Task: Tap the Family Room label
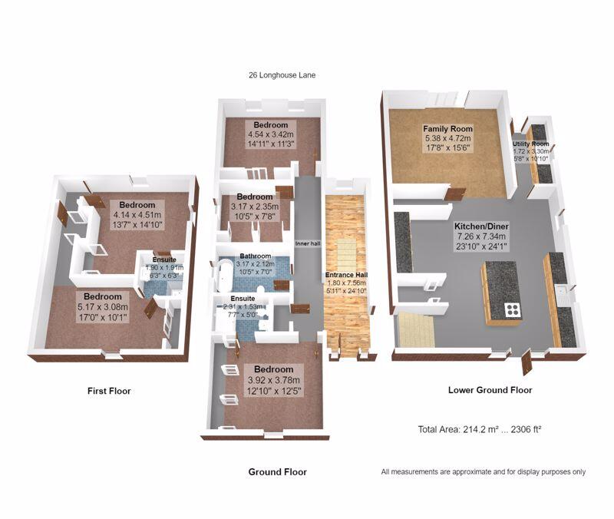[x=449, y=128]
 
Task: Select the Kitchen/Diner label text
[x=481, y=226]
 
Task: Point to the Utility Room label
[x=530, y=144]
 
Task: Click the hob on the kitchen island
[x=512, y=310]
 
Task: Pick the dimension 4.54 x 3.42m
[x=271, y=134]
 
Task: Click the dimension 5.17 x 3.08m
[x=102, y=306]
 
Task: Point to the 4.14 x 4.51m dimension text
[x=137, y=215]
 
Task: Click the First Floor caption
[x=109, y=391]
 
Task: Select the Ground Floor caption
[x=277, y=472]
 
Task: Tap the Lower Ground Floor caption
[x=490, y=390]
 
